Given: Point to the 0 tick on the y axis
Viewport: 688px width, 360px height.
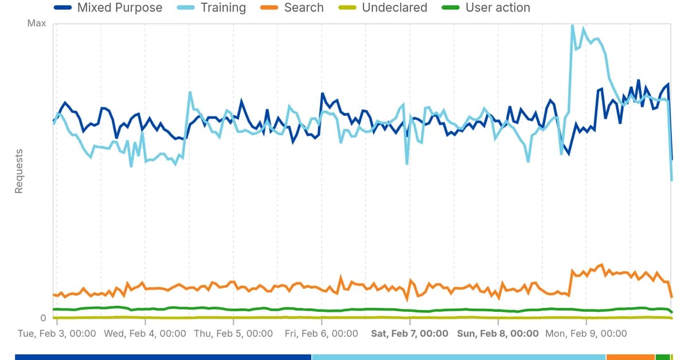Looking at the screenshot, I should click(x=42, y=318).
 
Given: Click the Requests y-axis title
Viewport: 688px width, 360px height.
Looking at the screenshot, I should click(x=19, y=171).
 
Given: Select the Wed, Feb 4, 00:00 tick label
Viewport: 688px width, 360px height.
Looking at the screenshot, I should click(x=145, y=334).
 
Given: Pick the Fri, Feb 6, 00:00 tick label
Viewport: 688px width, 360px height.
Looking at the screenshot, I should click(x=321, y=334).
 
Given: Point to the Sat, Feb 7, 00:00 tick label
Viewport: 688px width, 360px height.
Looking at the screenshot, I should click(x=410, y=334).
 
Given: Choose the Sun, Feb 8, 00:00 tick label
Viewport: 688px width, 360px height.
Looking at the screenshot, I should click(x=498, y=334).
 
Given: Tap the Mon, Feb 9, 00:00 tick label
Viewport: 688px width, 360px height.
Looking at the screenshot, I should click(x=586, y=334).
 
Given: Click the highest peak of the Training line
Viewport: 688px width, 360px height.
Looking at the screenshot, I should click(x=572, y=25).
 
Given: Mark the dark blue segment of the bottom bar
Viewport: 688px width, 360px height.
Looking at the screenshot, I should click(x=163, y=357).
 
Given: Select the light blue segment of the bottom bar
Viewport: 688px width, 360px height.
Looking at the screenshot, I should click(x=459, y=357).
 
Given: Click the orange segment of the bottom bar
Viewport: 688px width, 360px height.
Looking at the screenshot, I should click(x=631, y=357).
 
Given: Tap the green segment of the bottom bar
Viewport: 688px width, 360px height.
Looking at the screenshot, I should click(x=663, y=357).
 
